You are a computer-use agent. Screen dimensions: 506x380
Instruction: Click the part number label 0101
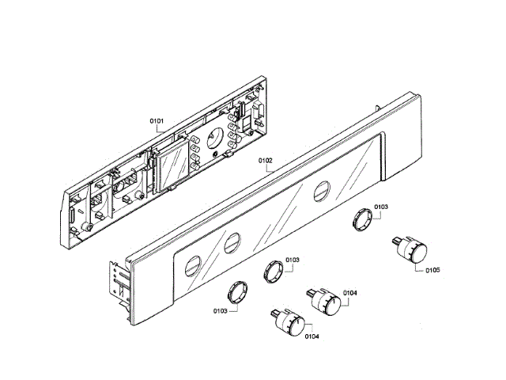pos(156,121)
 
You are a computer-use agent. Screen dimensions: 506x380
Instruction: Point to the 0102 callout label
pos(266,160)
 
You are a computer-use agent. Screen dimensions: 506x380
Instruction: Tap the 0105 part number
pos(432,270)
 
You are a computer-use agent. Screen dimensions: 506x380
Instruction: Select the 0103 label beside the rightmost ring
pos(381,207)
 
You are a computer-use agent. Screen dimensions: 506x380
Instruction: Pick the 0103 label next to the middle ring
pos(293,260)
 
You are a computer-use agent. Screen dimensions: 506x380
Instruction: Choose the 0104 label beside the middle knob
pos(350,293)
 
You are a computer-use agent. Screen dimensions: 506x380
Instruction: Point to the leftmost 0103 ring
pos(236,289)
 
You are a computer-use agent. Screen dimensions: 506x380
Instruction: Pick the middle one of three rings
pos(272,270)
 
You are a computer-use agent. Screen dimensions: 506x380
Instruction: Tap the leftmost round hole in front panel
pos(191,265)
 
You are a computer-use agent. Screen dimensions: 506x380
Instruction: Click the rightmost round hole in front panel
pos(321,190)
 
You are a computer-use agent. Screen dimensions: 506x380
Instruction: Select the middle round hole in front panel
pos(231,241)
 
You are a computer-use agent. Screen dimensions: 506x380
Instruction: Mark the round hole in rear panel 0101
pos(213,141)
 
